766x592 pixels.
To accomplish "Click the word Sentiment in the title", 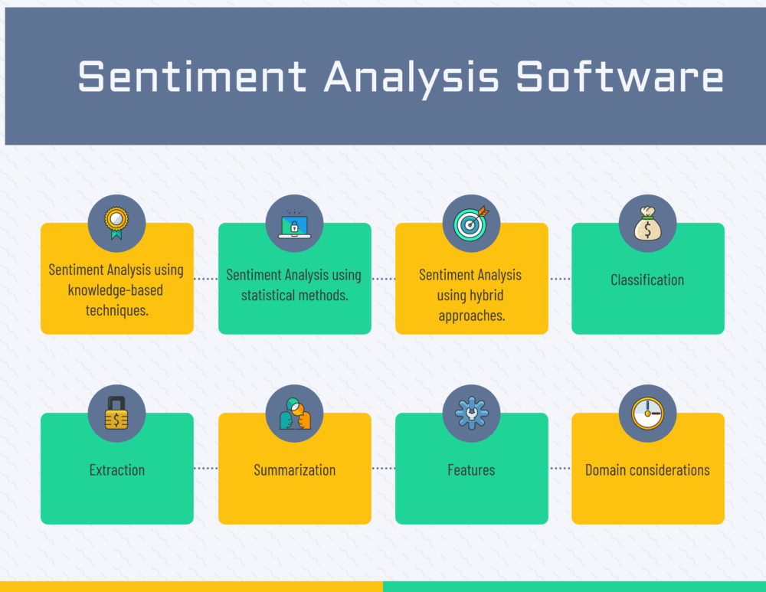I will (192, 77).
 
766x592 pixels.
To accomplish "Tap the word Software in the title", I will (620, 77).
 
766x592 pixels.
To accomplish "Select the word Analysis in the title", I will (411, 77).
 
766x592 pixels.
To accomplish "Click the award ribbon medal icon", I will (116, 223).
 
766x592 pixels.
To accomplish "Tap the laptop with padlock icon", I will (294, 223).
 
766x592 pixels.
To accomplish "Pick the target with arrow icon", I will (471, 223).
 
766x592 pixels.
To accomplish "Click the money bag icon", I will (647, 223).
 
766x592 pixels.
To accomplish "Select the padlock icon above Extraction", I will (116, 414).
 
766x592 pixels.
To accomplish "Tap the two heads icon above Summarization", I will (294, 414).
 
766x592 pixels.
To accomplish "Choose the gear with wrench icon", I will (471, 414).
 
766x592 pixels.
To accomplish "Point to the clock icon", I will (647, 414).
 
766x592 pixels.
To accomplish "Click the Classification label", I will (647, 280).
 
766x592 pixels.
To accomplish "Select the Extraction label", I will (116, 469).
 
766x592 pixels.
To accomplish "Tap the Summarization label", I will (294, 469).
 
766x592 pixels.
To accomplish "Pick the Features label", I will (471, 469).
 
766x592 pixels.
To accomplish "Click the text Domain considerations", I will (647, 469).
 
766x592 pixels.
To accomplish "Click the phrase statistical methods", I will (295, 295).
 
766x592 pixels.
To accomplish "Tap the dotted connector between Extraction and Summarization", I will (206, 468).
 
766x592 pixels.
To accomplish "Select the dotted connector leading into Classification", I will (560, 279).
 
